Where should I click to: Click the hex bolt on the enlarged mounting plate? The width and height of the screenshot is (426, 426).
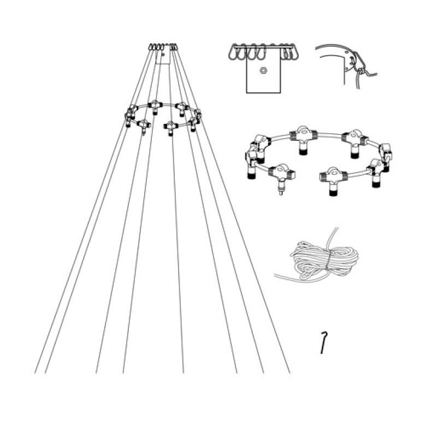(263, 70)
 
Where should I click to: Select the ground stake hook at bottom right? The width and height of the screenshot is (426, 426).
(323, 342)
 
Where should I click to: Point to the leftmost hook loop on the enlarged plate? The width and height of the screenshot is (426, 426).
(235, 52)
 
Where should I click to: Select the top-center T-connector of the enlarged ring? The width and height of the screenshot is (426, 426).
(304, 135)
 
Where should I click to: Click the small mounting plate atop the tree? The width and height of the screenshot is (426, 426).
(163, 57)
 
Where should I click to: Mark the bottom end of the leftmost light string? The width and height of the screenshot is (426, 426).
(35, 372)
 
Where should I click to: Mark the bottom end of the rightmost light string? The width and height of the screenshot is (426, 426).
(289, 372)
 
